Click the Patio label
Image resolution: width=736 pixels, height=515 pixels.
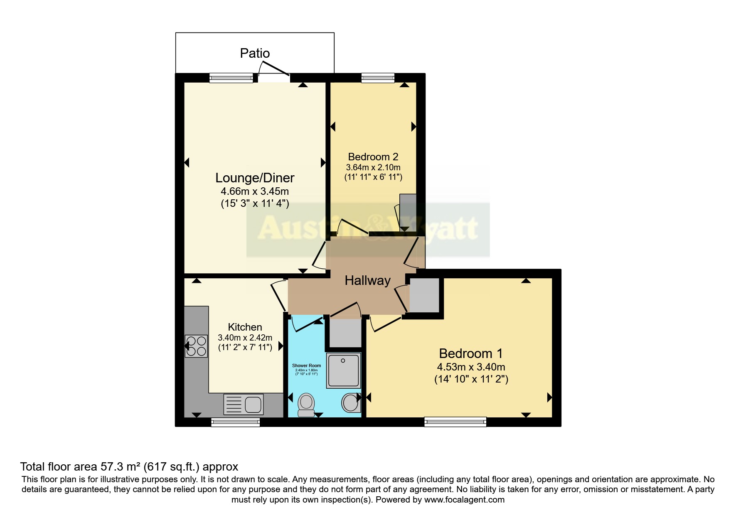point(255,53)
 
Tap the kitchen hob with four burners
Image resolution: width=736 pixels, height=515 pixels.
point(196,346)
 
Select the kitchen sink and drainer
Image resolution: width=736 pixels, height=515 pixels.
point(244,404)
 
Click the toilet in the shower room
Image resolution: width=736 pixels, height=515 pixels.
point(306,405)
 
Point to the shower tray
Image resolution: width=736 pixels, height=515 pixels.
point(343,370)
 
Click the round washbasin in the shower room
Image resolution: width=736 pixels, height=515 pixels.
point(350,402)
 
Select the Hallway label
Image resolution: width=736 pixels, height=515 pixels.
point(367,280)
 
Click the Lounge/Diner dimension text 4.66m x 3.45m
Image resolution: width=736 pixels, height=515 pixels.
point(255,191)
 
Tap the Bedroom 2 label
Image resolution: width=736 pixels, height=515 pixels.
point(373,157)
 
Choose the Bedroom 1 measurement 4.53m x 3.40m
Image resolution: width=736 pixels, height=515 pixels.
point(471,367)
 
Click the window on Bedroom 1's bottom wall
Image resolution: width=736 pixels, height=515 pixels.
point(455,422)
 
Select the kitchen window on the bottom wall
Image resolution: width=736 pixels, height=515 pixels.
point(236,422)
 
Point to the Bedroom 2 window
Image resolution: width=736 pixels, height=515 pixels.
point(378,78)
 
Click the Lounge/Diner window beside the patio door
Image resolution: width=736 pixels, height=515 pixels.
point(231,78)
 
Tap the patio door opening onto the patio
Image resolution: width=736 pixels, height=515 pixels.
point(274,77)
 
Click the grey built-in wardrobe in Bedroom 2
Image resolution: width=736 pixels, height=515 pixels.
point(408,212)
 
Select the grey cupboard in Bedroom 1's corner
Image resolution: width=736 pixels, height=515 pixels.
point(424,295)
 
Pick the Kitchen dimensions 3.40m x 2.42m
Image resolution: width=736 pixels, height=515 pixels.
point(245,338)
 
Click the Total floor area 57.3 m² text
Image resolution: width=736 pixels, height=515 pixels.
point(129,467)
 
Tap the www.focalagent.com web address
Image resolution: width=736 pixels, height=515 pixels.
point(464,500)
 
